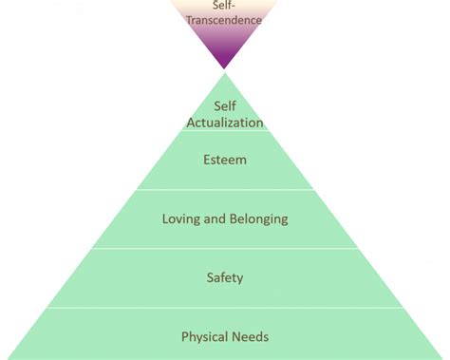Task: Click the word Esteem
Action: (x=225, y=160)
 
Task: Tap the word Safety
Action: (x=225, y=277)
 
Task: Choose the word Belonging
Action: (x=256, y=219)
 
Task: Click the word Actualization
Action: (x=225, y=122)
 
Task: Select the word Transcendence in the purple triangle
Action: (x=224, y=20)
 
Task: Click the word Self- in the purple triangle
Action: (x=225, y=6)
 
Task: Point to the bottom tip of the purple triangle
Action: (x=225, y=67)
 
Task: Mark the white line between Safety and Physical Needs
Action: (x=225, y=308)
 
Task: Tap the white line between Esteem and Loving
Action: (x=225, y=189)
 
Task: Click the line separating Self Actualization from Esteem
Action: (x=225, y=131)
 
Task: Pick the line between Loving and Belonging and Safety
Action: (x=225, y=249)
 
